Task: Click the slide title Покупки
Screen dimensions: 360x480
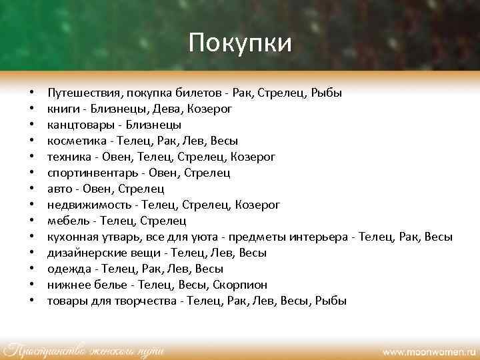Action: click(x=240, y=43)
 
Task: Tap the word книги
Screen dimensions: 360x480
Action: click(x=61, y=109)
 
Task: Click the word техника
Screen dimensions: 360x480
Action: click(x=69, y=157)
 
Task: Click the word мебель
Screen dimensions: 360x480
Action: click(x=67, y=221)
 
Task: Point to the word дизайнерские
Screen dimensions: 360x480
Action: click(x=83, y=253)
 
